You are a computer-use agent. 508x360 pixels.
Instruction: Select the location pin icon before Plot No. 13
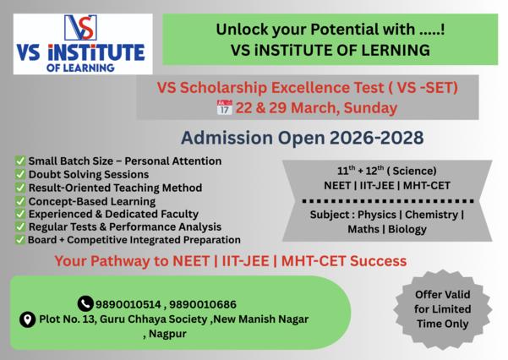(27, 319)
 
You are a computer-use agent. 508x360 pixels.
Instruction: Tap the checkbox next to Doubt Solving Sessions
(20, 173)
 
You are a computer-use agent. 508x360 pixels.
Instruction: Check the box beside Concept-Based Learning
(20, 200)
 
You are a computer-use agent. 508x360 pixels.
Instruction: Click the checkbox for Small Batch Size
(20, 160)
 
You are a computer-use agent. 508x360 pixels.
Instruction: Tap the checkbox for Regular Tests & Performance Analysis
(20, 226)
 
